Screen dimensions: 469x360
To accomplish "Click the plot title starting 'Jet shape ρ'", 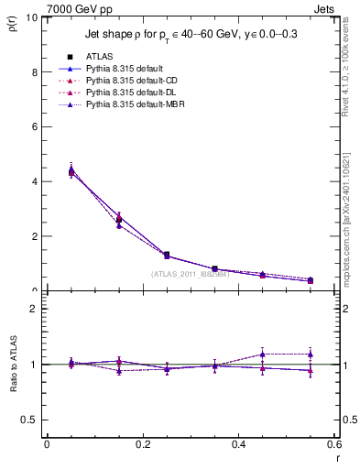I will (191, 34).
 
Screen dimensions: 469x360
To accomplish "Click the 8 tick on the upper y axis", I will (35, 72).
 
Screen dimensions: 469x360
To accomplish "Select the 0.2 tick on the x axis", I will (142, 444).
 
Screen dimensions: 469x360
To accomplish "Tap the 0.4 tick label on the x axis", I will (238, 444).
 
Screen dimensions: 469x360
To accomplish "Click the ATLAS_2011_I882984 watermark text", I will (190, 273).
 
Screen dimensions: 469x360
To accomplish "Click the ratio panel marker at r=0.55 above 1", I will (311, 354).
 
